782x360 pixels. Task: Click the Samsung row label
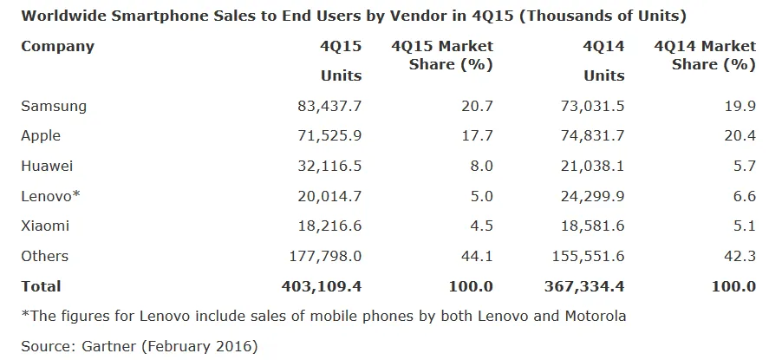(54, 106)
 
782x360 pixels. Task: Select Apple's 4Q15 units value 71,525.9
(329, 135)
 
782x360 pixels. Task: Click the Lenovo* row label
(50, 196)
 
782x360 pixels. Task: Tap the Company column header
(57, 46)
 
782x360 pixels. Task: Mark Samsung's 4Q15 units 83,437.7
(329, 106)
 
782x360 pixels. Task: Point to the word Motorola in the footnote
(594, 316)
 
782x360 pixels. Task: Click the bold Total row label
(41, 286)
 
